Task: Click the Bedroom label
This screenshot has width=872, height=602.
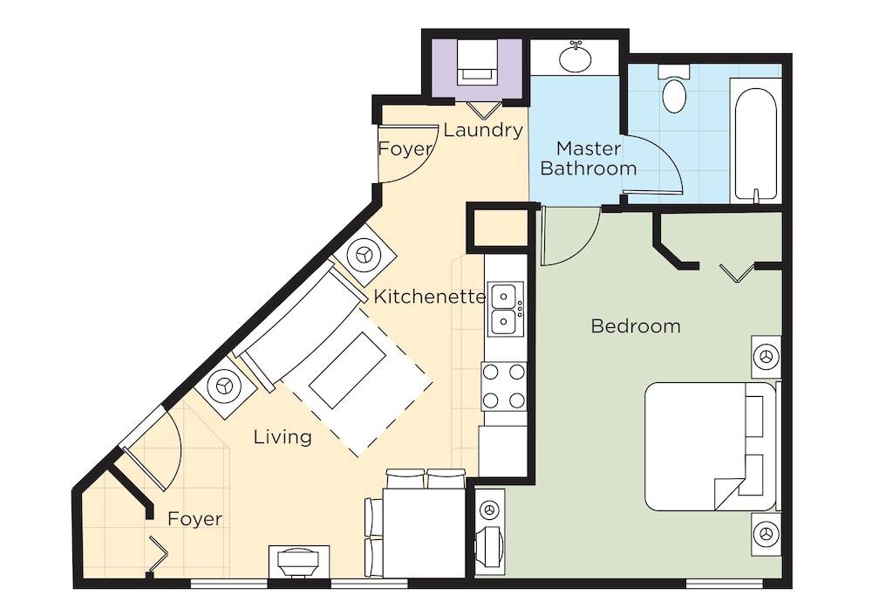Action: pos(636,325)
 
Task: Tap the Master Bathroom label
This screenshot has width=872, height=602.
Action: pos(589,158)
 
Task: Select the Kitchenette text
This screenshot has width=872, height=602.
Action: pos(429,297)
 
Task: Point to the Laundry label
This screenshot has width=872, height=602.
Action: pos(483,130)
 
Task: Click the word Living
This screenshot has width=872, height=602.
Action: pos(283,437)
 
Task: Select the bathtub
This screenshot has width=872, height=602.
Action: pos(755,141)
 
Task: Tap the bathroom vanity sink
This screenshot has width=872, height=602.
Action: pos(576,58)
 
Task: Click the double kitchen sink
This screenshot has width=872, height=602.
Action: pos(506,309)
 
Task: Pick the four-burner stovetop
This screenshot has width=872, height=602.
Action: pos(504,386)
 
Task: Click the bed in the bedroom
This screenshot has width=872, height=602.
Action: pos(710,446)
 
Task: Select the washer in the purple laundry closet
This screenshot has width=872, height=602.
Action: pos(476,62)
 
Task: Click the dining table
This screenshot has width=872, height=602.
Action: pos(424,534)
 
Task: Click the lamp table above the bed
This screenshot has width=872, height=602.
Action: pos(766,357)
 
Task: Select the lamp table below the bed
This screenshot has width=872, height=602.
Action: pos(766,534)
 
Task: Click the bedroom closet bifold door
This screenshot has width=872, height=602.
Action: pos(737,272)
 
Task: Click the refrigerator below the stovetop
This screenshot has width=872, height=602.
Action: pos(503,451)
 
